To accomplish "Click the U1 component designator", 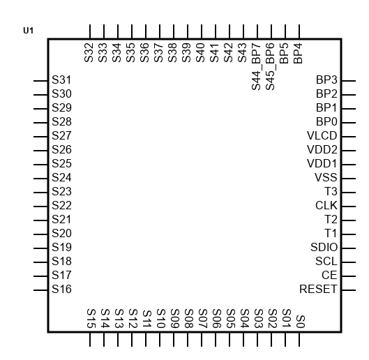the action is coord(28,31).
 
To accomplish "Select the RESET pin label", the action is coord(318,289).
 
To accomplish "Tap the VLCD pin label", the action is coord(322,135).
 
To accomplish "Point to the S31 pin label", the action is coord(61,80).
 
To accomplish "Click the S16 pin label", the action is coord(61,289).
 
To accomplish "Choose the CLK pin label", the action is coord(326,206).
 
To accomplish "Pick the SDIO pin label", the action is coord(324,247).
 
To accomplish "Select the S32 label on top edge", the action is coord(89,52).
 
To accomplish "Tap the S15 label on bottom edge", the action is coord(91,319).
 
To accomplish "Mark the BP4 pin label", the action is coord(298,54).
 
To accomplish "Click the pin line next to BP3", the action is coord(349,81).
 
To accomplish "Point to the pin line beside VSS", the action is coord(349,179).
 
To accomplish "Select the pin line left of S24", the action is coord(40,179).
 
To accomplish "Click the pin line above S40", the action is coord(202,31).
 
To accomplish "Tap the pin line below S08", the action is coord(188,339).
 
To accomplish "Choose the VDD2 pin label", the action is coord(322,150).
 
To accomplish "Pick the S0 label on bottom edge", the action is coord(301,322).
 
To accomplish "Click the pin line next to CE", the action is coord(349,276).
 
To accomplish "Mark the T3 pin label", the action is coord(331,191).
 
